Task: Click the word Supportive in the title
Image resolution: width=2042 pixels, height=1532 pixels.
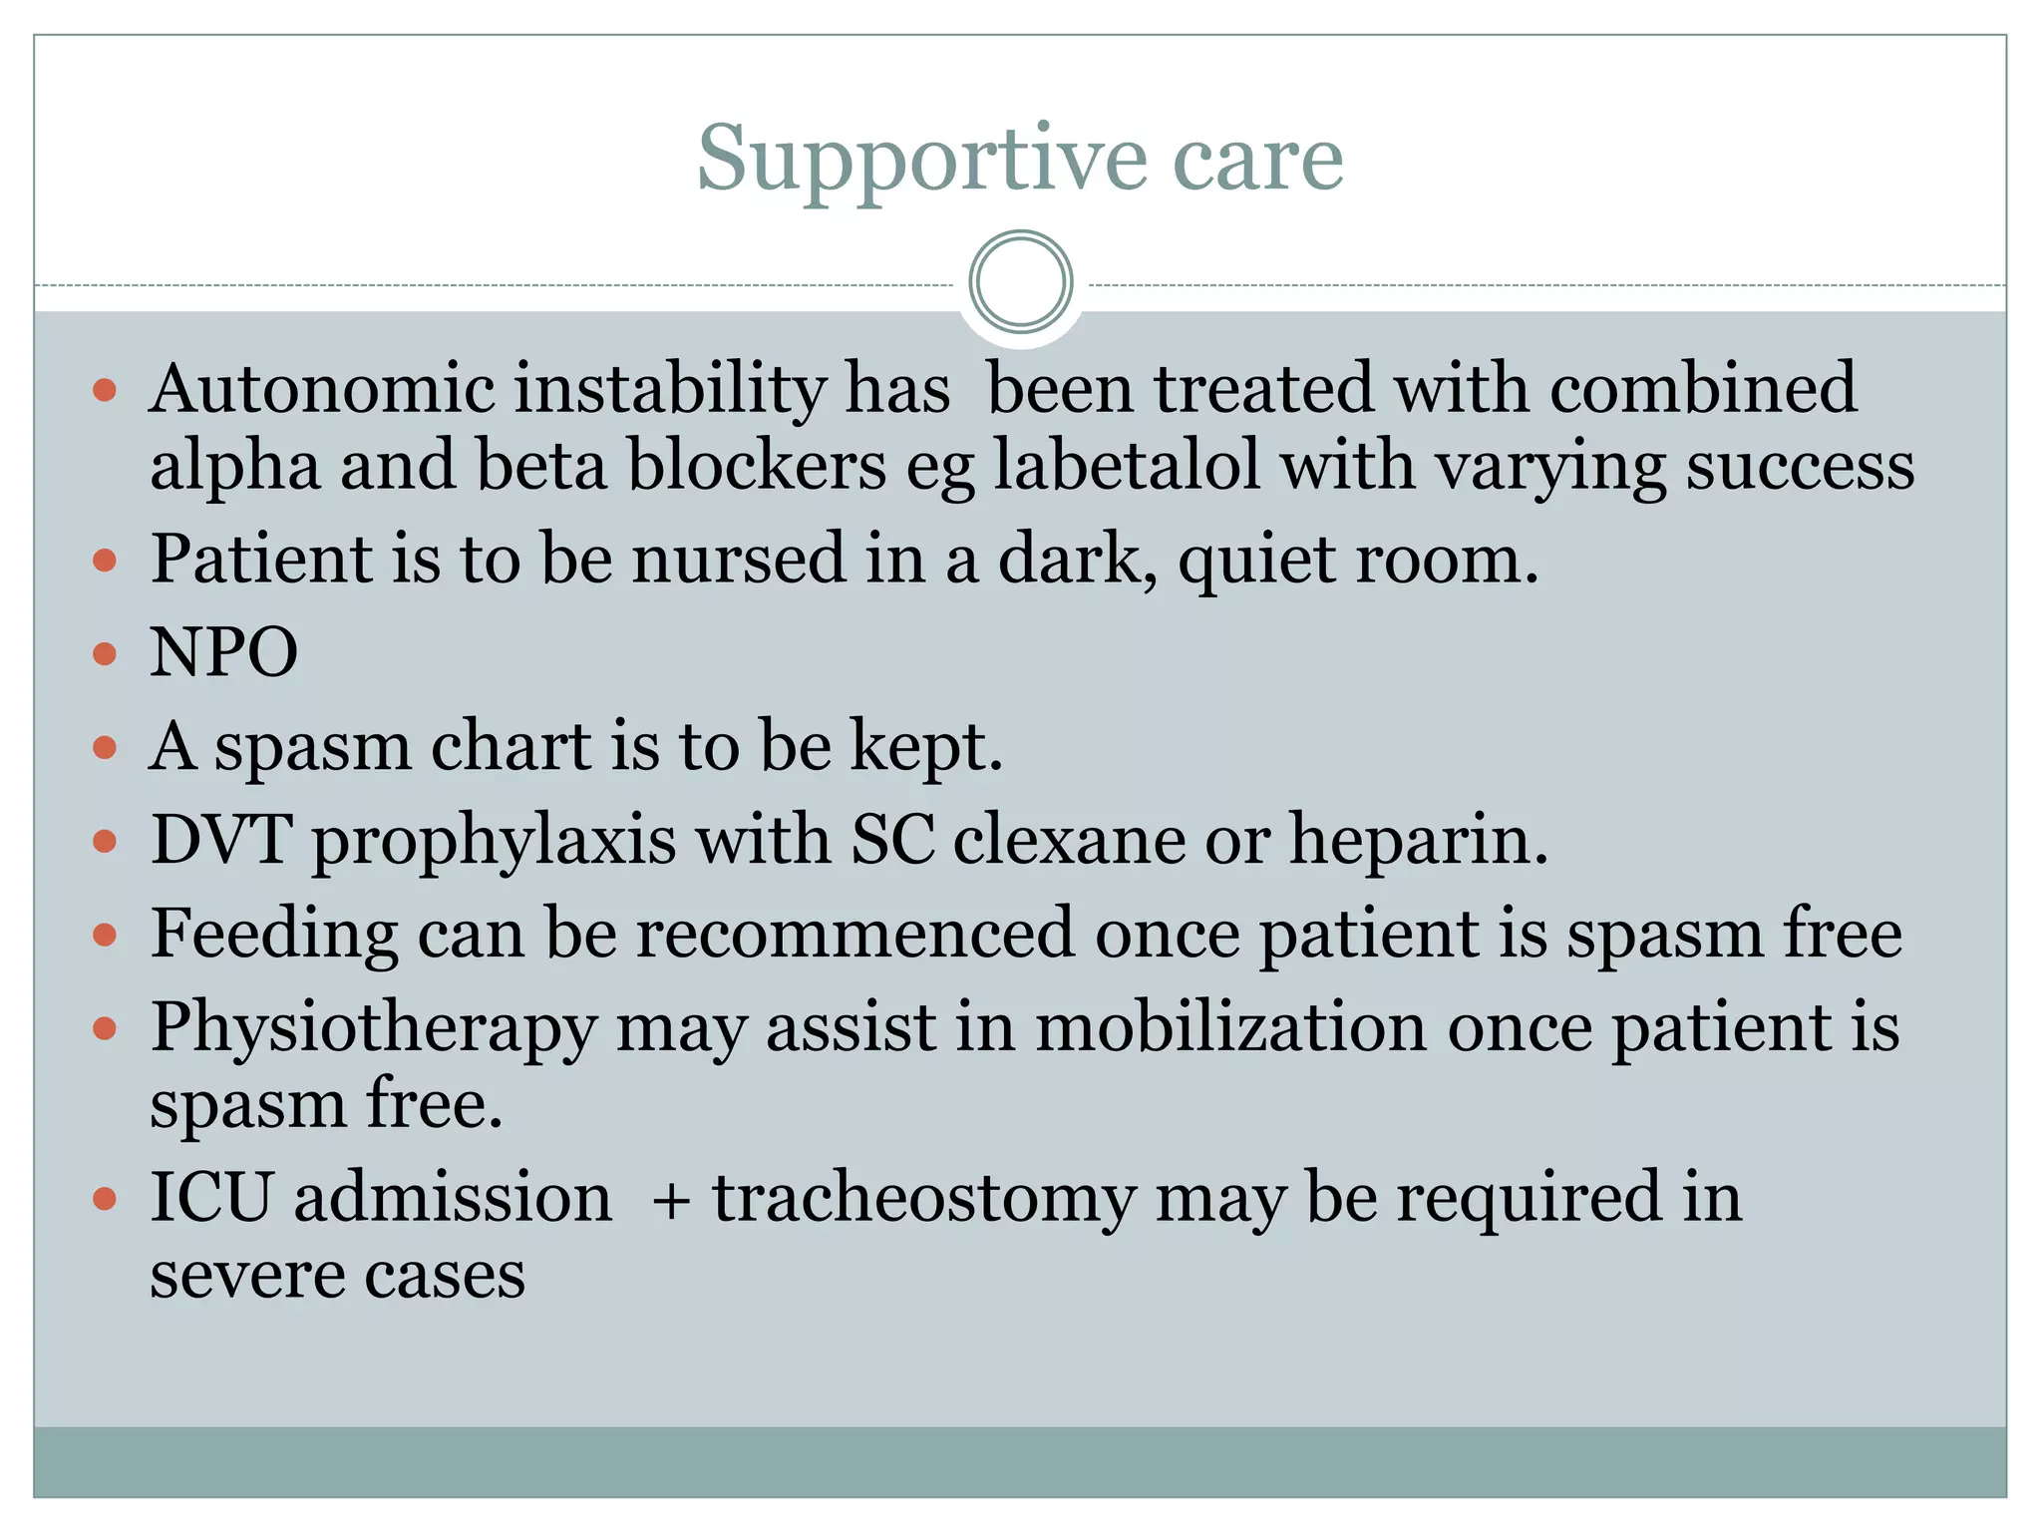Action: pyautogui.click(x=922, y=160)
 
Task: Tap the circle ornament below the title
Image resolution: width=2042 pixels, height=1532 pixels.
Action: pyautogui.click(x=1020, y=282)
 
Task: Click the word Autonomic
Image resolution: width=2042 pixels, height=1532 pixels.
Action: pyautogui.click(x=321, y=389)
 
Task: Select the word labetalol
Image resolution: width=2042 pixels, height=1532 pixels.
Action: pyautogui.click(x=1127, y=466)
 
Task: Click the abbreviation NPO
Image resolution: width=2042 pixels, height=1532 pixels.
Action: pyautogui.click(x=223, y=652)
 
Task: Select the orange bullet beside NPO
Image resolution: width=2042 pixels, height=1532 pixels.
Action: pyautogui.click(x=105, y=654)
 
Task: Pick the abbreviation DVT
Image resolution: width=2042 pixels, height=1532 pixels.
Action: pyautogui.click(x=221, y=839)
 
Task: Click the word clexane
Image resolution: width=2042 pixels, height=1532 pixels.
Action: pyautogui.click(x=1068, y=840)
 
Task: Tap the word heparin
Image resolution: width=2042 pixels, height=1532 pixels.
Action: pyautogui.click(x=1418, y=841)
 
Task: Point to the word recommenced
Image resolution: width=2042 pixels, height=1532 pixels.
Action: pyautogui.click(x=855, y=934)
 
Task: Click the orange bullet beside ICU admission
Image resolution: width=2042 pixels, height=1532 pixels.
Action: pyautogui.click(x=105, y=1197)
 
